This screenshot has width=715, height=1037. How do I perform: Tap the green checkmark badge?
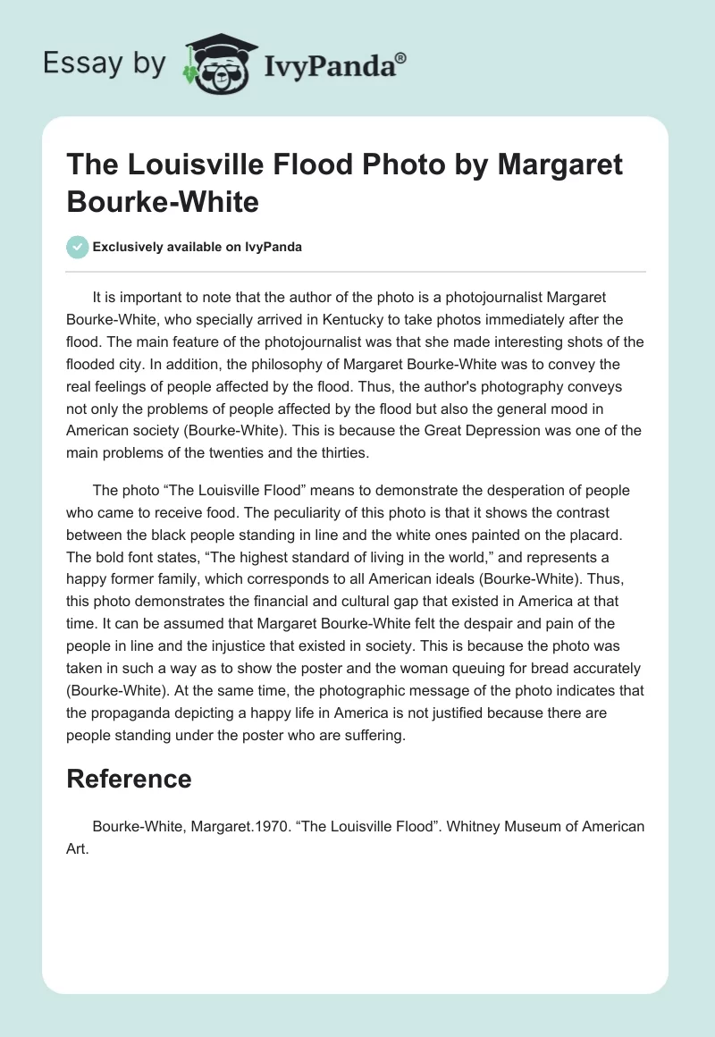click(x=78, y=247)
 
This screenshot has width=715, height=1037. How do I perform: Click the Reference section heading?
click(x=129, y=778)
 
